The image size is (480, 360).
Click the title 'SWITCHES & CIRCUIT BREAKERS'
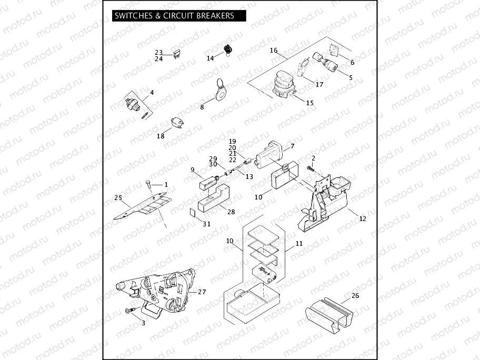(174, 16)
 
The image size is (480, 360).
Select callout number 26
(355, 296)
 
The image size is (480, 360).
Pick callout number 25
(118, 197)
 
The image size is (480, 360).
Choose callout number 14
(211, 58)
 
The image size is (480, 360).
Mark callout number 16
(274, 51)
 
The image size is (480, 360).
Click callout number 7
(293, 145)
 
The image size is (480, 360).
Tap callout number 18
(161, 136)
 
